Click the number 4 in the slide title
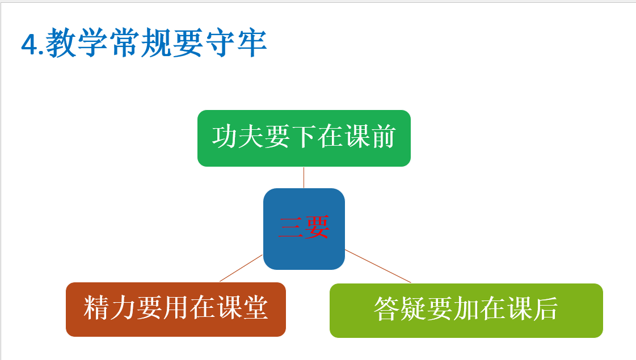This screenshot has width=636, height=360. (x=30, y=44)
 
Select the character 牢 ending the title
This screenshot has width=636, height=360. (x=252, y=43)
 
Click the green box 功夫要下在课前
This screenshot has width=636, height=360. (x=304, y=138)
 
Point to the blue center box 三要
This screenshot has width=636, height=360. (x=304, y=228)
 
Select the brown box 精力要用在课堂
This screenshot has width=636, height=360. (x=176, y=310)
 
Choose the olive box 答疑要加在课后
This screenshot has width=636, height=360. (x=466, y=311)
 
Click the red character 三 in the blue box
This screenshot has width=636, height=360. (x=291, y=227)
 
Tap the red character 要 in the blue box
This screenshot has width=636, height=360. (x=317, y=227)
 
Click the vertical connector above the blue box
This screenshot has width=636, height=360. (x=304, y=177)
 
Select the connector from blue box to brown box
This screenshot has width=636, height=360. (x=241, y=268)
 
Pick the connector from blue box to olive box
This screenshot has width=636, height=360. (x=378, y=266)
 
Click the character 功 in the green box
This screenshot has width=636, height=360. (x=225, y=137)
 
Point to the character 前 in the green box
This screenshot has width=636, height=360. (x=383, y=137)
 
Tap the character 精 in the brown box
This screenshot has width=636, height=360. (x=96, y=308)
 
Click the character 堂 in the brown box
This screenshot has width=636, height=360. (x=255, y=308)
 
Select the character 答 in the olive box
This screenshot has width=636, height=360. (x=386, y=309)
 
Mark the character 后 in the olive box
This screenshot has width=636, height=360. (x=546, y=309)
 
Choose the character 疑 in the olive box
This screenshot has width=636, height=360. (x=413, y=309)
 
